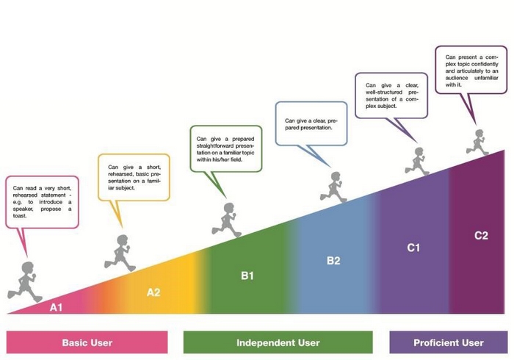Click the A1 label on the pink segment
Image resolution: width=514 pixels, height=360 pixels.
point(56,307)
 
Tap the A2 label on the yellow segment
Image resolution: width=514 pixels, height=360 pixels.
point(153,292)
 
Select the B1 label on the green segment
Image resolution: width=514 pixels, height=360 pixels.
point(247,276)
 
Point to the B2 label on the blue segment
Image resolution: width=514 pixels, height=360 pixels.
point(334,260)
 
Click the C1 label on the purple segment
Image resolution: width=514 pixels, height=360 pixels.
point(413,248)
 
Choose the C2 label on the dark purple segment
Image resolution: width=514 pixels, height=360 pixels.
point(480,236)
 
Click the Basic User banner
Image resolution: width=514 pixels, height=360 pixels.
point(87,342)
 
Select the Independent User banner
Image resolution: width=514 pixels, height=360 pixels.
point(278,342)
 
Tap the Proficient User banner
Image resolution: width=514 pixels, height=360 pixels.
point(448,342)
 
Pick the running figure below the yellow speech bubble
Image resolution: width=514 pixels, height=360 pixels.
point(120,253)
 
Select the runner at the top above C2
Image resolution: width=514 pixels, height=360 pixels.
point(479,141)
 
